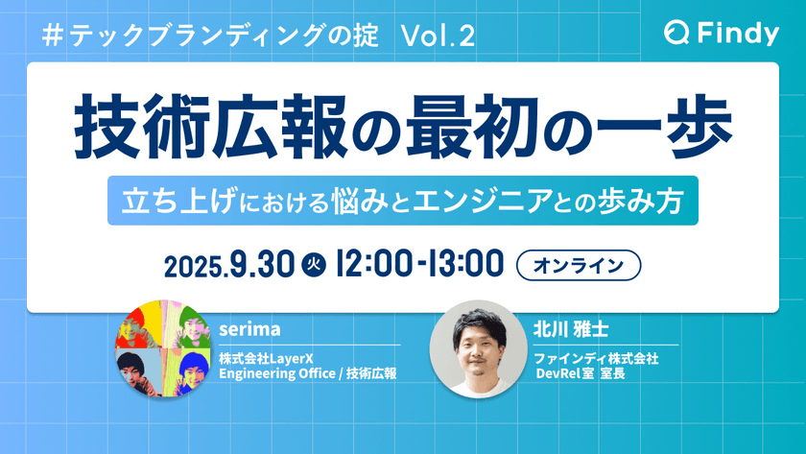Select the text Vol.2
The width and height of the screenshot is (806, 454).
(438, 36)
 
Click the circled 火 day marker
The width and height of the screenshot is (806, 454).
(311, 263)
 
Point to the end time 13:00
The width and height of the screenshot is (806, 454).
(463, 262)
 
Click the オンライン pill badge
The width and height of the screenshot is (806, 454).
(577, 262)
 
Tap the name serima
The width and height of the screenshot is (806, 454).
(249, 329)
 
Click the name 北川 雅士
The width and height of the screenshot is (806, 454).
(570, 329)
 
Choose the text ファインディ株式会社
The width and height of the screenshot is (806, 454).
(595, 358)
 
